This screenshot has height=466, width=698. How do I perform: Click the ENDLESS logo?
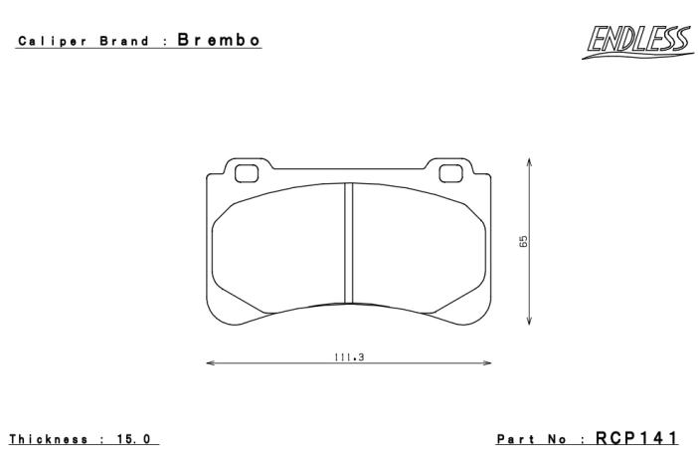(x=637, y=42)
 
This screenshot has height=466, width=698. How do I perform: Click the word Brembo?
(x=219, y=40)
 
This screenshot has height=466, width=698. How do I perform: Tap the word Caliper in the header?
(x=52, y=42)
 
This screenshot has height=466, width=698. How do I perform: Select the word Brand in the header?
(x=124, y=41)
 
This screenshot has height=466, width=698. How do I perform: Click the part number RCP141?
(x=636, y=438)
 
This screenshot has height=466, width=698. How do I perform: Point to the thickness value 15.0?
(x=133, y=439)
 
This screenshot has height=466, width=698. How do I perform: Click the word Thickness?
(x=49, y=439)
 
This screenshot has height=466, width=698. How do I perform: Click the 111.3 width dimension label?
(x=349, y=357)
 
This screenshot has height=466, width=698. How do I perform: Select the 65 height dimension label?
(x=523, y=241)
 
